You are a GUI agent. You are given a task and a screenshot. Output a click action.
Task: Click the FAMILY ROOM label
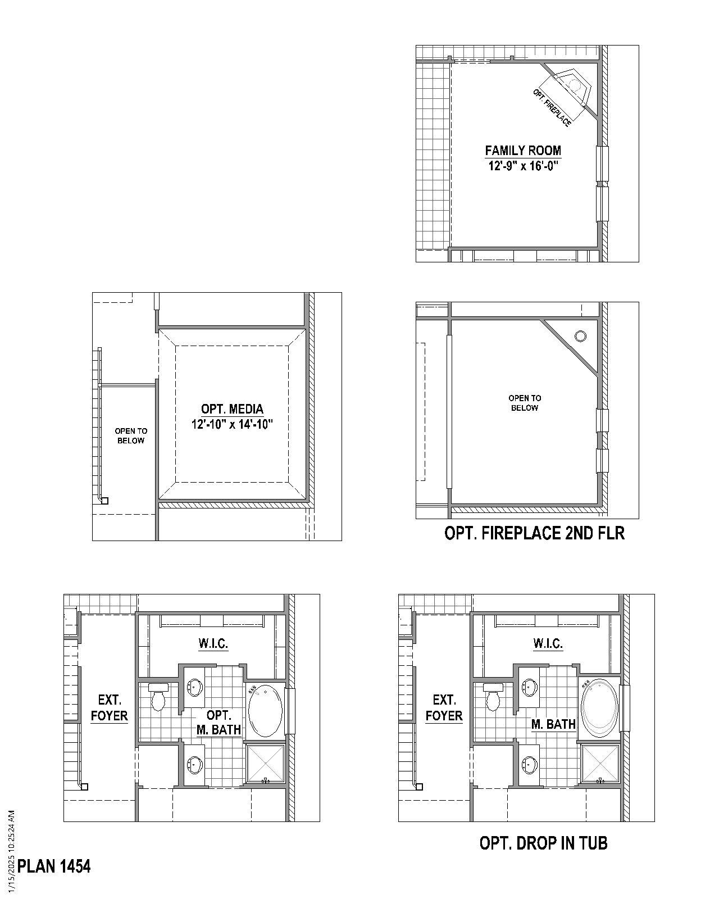(x=523, y=151)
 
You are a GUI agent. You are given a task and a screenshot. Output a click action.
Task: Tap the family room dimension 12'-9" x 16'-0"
(x=523, y=166)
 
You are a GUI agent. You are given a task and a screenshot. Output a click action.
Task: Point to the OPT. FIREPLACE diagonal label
(x=552, y=107)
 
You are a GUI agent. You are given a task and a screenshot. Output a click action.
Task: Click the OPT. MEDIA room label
(x=232, y=409)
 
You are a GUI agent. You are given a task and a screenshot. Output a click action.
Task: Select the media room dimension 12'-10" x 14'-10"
(x=232, y=424)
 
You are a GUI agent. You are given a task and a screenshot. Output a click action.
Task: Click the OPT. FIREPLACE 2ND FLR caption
(x=534, y=533)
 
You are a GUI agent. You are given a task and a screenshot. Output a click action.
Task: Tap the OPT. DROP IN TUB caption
(x=543, y=843)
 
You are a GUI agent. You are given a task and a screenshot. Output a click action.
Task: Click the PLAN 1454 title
(x=54, y=866)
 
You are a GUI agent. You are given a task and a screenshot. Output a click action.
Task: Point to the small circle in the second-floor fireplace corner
(x=580, y=336)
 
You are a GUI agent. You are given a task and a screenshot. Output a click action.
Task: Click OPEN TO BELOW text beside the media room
(x=131, y=435)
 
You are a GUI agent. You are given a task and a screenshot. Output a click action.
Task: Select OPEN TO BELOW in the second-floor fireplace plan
(x=525, y=403)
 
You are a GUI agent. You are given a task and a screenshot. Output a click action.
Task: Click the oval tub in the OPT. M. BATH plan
(x=265, y=710)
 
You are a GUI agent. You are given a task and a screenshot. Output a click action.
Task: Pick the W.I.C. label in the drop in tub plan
(x=548, y=643)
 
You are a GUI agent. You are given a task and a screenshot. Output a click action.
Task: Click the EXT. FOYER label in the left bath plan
(x=110, y=708)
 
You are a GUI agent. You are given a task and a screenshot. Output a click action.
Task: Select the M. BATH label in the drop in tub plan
(x=553, y=724)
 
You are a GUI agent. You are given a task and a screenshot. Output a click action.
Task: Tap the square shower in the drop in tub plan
(x=599, y=764)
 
